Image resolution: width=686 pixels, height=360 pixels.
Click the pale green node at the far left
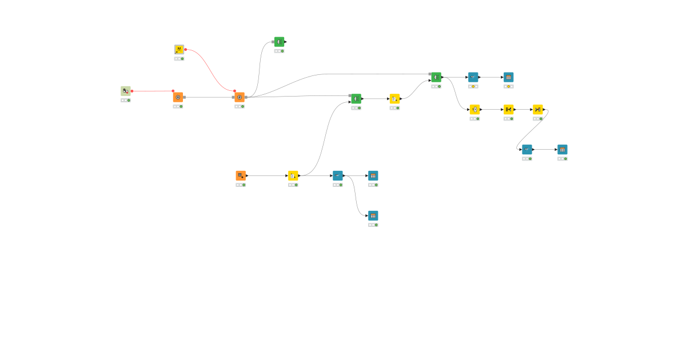(x=126, y=91)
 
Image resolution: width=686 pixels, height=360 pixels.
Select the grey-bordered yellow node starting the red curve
(x=179, y=50)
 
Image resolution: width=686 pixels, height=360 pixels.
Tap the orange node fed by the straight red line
(x=178, y=97)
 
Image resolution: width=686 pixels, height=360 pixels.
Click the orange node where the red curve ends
(x=240, y=97)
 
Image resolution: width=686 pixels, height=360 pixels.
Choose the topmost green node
(x=279, y=42)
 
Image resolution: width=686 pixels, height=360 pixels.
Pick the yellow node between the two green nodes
(x=394, y=99)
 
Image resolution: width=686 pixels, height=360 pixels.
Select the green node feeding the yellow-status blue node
(x=436, y=77)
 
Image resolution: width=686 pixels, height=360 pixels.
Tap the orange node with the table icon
(x=241, y=175)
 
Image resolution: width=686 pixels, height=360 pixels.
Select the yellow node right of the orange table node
(x=293, y=175)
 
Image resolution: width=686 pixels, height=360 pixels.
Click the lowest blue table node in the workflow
(x=373, y=215)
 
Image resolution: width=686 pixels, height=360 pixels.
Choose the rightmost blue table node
(x=563, y=150)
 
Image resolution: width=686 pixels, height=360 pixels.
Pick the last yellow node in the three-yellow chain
(x=537, y=109)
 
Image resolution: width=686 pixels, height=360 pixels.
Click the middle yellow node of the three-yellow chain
(x=508, y=109)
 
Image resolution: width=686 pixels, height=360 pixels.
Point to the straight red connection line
(x=152, y=91)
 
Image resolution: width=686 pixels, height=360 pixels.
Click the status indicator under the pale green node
(x=126, y=100)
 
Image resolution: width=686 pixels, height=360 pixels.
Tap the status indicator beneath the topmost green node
(x=279, y=51)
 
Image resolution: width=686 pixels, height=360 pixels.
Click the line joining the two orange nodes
(x=209, y=97)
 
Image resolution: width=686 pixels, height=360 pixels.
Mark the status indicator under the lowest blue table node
(x=373, y=225)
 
